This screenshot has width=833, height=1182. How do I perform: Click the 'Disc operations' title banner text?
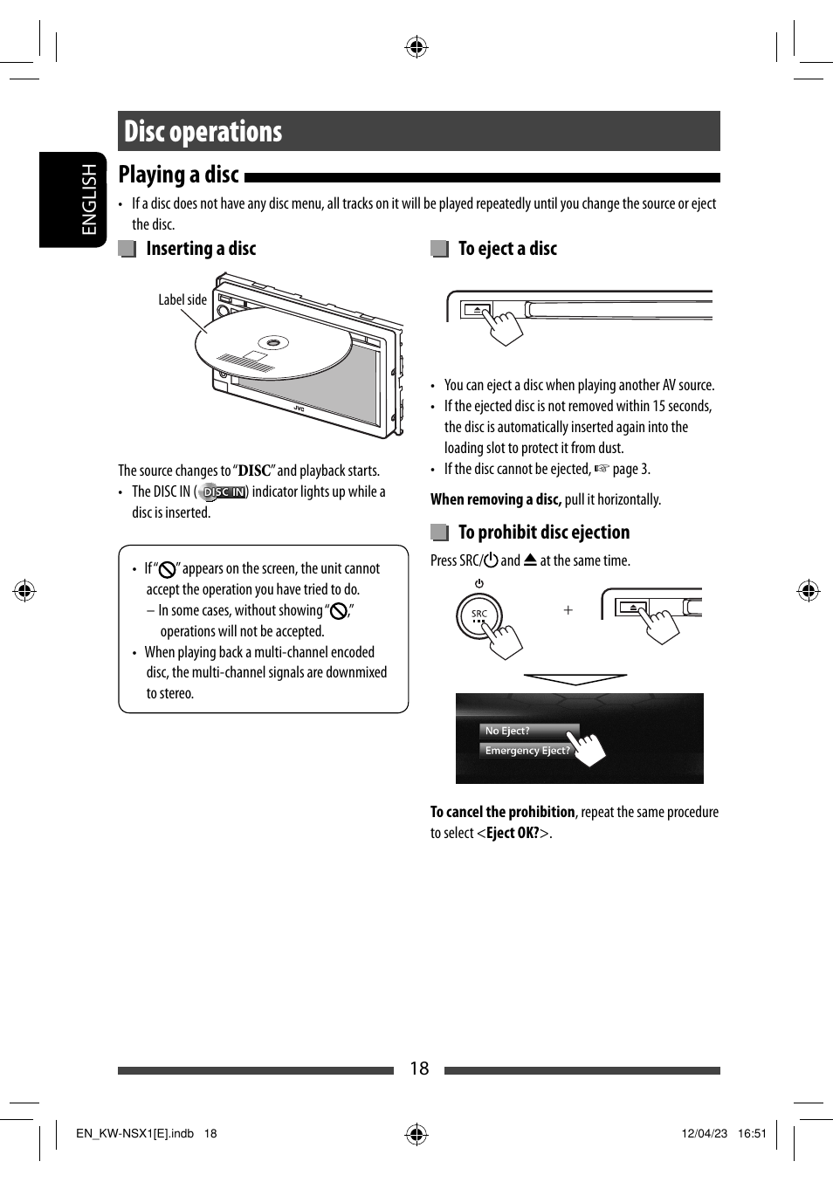coord(203,132)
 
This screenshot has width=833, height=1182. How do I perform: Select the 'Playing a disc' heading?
coord(178,175)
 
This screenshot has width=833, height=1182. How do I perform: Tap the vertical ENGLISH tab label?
coord(89,199)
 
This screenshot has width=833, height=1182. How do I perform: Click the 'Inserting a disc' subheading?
coord(201,249)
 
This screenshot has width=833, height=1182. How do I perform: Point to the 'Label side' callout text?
coord(182,299)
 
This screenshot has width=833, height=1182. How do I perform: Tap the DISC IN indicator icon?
coord(223,492)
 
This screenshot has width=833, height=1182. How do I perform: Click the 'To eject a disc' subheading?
coord(507,249)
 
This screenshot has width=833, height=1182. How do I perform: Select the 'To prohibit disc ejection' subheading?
coord(543,533)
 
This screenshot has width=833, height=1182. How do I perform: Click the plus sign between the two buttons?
coord(568,610)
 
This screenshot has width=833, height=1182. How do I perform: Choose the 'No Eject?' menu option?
coord(508,731)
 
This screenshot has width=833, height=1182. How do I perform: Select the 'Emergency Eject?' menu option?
coord(527,751)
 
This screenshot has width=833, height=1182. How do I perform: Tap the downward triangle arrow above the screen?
coord(575,679)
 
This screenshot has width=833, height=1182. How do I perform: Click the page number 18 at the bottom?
coord(419,1069)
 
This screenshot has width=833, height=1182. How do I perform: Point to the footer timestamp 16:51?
coord(752,1134)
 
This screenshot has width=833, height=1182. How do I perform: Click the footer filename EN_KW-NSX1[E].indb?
coord(134,1134)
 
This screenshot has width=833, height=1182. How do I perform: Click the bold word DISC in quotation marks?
coord(254,471)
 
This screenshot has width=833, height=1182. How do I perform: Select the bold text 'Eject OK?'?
coord(513,834)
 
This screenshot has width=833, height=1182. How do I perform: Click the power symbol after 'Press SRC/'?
coord(491,560)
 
